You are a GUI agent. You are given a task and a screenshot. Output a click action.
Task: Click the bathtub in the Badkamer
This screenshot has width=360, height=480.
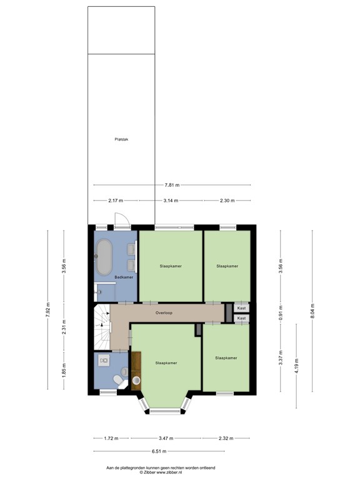point(103,256)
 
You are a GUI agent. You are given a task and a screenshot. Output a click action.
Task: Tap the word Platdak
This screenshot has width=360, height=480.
point(121,139)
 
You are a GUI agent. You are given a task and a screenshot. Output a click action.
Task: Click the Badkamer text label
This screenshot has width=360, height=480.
point(124,277)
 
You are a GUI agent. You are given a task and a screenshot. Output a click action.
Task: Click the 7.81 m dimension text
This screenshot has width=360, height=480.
point(172,185)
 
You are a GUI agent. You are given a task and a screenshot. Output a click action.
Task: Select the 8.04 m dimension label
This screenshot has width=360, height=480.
point(313,311)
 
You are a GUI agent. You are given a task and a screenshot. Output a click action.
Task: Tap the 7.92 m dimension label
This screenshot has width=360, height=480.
point(47,311)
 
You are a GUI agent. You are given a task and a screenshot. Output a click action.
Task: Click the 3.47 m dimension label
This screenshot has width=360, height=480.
point(166,438)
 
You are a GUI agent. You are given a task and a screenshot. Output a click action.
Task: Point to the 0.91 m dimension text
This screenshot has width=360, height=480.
point(281,311)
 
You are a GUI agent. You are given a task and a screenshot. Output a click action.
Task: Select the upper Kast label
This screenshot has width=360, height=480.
point(241,308)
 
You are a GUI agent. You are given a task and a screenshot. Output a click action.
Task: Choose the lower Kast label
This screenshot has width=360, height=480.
point(241,319)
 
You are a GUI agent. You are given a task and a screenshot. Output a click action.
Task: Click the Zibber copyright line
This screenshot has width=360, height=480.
point(161,472)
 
